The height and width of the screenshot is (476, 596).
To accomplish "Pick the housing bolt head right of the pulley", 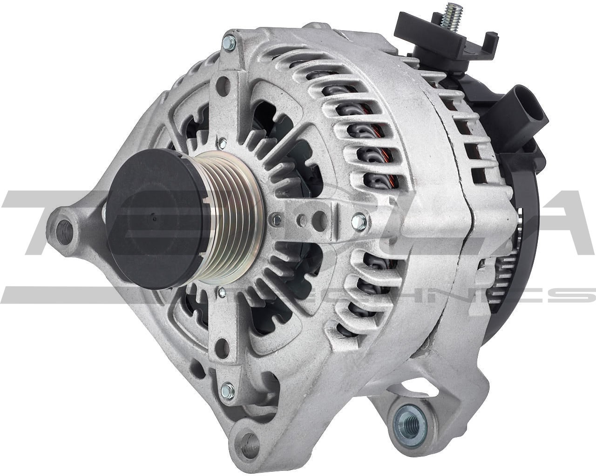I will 359,218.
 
